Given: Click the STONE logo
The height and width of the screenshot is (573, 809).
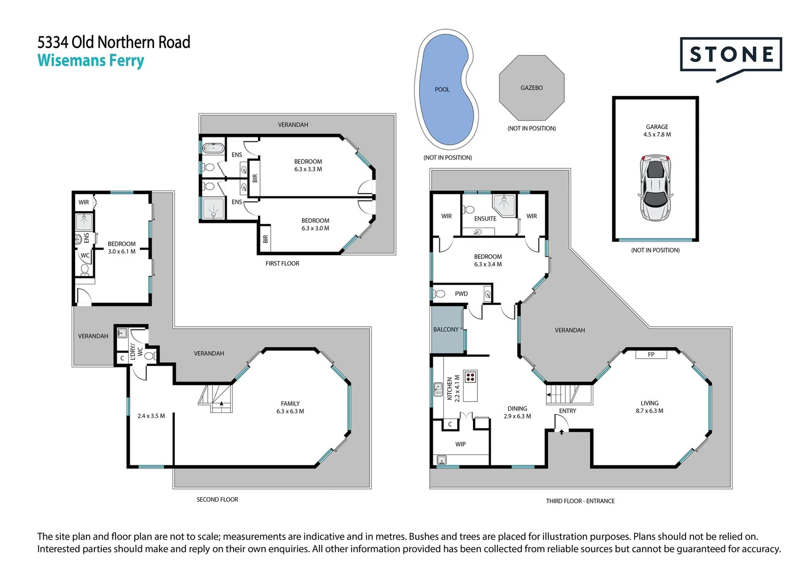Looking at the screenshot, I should coord(731,55).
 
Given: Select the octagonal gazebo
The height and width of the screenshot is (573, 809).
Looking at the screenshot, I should coord(531,88).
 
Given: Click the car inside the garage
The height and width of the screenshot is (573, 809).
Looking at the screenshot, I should coord(655,188).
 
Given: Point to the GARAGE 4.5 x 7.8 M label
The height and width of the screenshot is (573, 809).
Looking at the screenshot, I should coord(656,131).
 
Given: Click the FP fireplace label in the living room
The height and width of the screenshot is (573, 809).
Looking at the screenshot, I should coord(651,354).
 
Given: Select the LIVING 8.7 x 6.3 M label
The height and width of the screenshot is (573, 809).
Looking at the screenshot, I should coord(650,407).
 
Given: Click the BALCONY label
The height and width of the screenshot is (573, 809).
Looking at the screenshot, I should coord(446,329).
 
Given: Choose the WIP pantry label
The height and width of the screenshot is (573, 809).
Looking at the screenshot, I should coord(460,444).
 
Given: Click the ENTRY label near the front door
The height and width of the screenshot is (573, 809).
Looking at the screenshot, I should coord(567,411).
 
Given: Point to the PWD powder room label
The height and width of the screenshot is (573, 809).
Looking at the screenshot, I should coord(461,293).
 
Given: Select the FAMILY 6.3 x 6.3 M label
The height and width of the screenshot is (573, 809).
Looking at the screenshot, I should coord(290,407).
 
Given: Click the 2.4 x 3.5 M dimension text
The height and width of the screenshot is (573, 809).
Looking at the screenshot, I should coord(151,416).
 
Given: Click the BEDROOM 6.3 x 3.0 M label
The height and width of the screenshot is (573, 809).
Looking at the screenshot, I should coord(315,224).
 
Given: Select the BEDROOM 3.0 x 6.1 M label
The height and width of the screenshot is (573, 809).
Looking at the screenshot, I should coord(121,248).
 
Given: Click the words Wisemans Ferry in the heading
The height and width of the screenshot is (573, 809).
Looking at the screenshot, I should coord(91,60).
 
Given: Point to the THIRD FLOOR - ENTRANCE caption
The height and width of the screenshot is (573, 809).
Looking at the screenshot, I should coord(580,501).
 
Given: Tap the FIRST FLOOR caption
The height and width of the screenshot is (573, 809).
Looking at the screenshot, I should coord(282,263).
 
